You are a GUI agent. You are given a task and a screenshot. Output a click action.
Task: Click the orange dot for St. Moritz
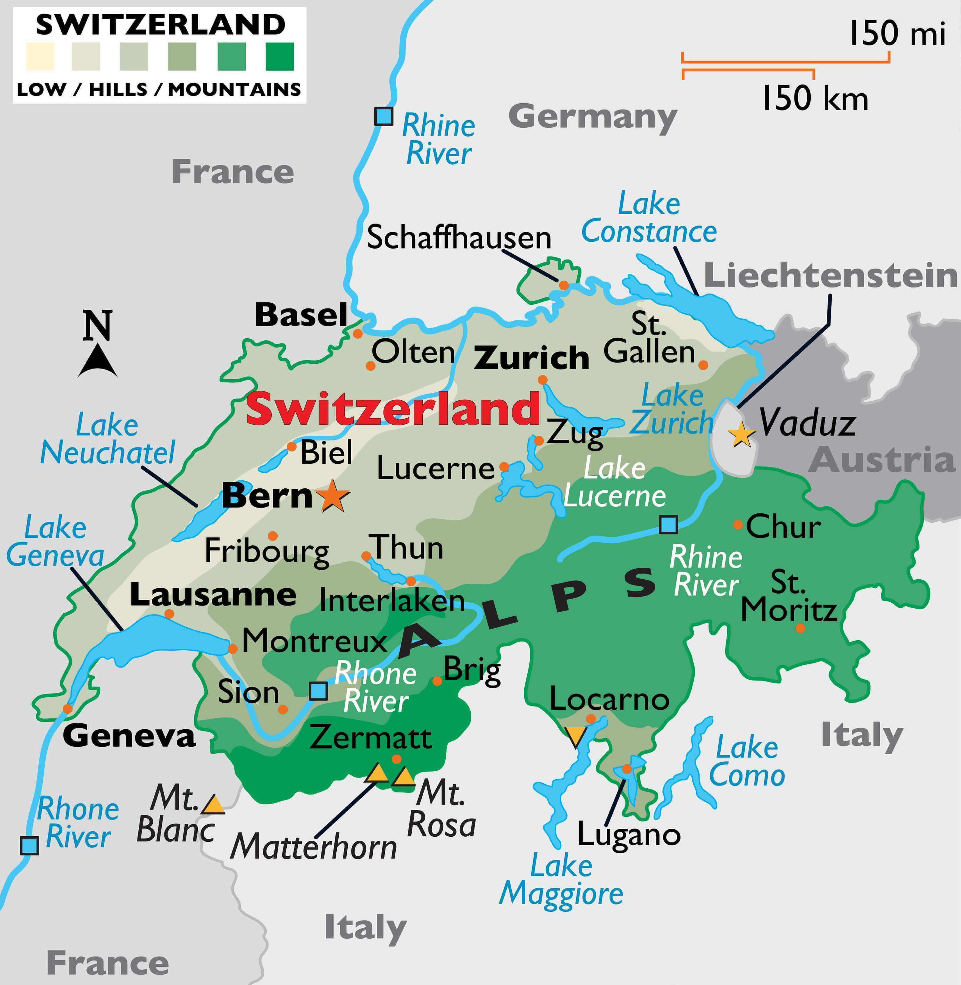(800, 628)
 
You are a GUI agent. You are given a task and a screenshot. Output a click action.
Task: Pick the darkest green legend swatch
(279, 57)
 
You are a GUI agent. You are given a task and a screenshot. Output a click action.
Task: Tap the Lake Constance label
(649, 218)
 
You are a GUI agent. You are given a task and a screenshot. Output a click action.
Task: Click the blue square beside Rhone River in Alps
(318, 691)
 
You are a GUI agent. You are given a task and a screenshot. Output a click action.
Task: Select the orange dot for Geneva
(68, 708)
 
